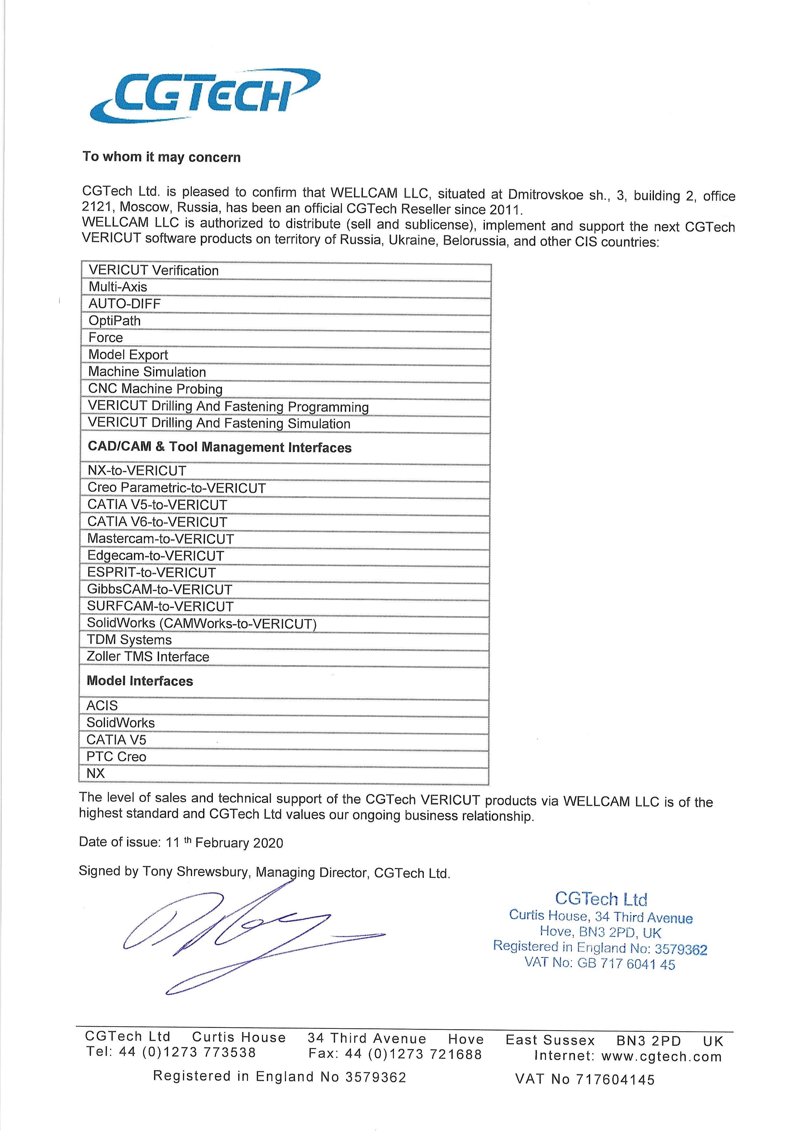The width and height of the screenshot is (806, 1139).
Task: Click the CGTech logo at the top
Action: click(203, 97)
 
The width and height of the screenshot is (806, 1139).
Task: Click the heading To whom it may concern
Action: click(161, 157)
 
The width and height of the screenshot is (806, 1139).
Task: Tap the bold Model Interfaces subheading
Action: click(140, 681)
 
